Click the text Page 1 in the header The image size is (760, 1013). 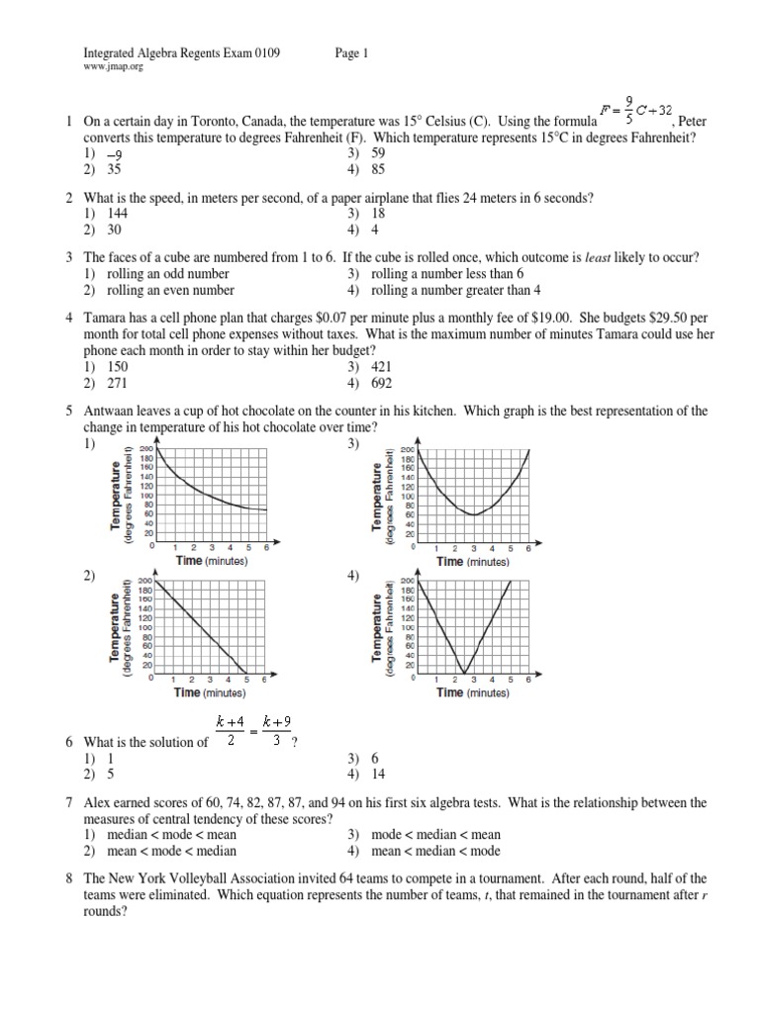pos(351,55)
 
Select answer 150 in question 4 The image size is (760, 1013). pos(117,366)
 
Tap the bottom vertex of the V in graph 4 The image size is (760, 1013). pos(465,674)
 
